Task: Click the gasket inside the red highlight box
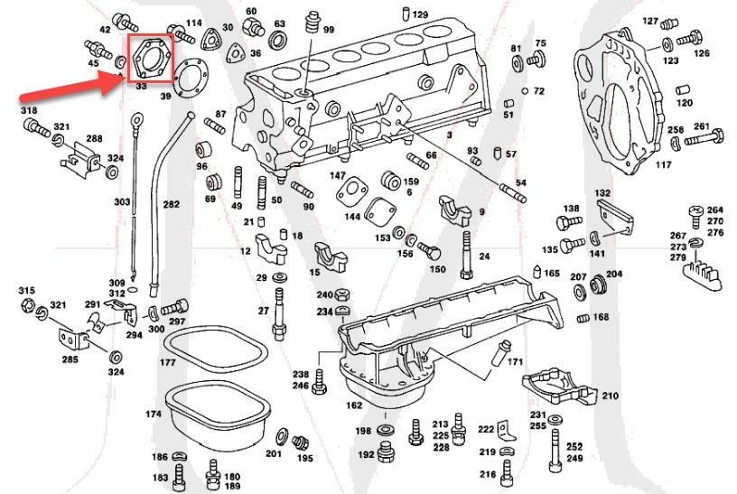tap(148, 59)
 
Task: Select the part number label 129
tap(421, 15)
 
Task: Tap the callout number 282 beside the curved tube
tap(171, 205)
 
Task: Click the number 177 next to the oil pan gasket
tap(167, 362)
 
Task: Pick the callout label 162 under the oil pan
tap(354, 405)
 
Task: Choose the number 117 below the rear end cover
tap(663, 164)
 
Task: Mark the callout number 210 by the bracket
tap(610, 396)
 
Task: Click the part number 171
tap(515, 362)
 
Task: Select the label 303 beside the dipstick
tap(122, 202)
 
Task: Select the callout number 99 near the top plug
tap(329, 30)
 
